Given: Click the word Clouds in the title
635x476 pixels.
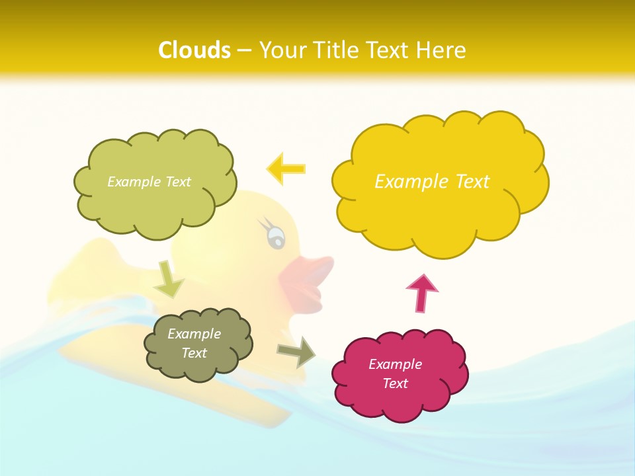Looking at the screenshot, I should click(194, 50).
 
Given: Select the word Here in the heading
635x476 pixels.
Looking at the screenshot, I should click(441, 50).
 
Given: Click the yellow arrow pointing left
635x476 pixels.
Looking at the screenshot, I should click(286, 169).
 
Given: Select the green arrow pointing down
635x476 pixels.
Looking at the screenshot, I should click(169, 279).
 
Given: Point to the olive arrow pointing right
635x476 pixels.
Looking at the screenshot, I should click(296, 351).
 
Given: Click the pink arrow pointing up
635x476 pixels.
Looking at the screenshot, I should click(421, 293).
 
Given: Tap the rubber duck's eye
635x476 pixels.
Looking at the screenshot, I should click(275, 234).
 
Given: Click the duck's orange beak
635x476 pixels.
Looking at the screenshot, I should click(308, 281).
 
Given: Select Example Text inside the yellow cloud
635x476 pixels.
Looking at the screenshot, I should click(432, 182).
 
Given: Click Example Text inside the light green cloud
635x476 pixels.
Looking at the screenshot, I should click(149, 182).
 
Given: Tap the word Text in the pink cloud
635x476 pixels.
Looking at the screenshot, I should click(395, 384).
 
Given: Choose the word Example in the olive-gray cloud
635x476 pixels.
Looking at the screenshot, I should click(194, 334).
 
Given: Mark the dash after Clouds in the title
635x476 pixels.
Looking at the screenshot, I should click(244, 50).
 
